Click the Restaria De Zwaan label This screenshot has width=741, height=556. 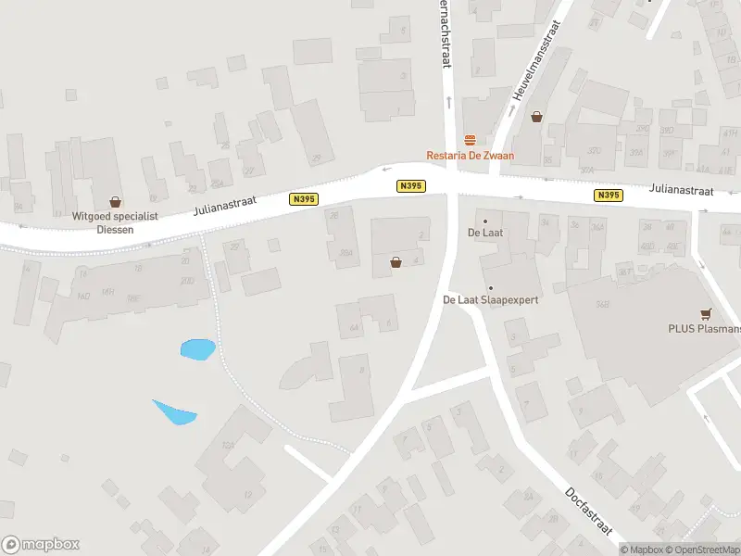coord(470,156)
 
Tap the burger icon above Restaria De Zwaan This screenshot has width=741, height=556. coord(470,140)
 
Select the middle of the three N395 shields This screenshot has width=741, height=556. coord(410,186)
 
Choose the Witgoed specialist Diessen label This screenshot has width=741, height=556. coord(116,221)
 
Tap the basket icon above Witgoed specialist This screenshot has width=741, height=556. coord(116,201)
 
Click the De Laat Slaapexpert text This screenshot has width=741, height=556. coord(490,300)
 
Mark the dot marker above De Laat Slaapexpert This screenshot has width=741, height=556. coord(490,287)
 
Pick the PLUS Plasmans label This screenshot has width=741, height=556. coord(704,328)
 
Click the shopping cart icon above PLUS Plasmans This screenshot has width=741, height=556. coord(708,313)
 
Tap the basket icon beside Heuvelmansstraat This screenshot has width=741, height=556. coord(536,117)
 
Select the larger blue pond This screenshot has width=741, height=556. coord(197,349)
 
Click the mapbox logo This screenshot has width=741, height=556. coord(41,545)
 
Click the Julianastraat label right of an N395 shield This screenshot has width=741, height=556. coord(681,190)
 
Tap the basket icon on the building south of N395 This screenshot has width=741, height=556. coord(396,262)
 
